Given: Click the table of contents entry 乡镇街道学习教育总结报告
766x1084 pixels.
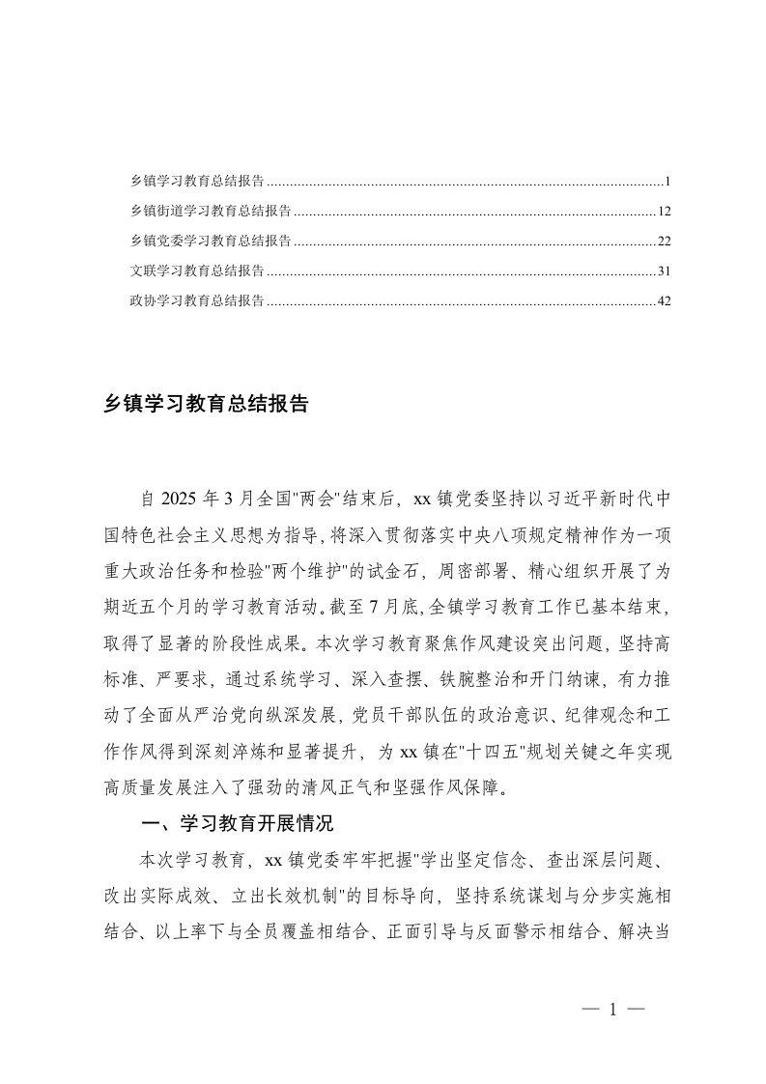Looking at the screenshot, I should pyautogui.click(x=212, y=211).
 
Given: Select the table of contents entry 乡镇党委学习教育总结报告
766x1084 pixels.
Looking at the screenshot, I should pyautogui.click(x=212, y=241).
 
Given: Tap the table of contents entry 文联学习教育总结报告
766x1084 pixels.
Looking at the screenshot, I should pyautogui.click(x=198, y=271).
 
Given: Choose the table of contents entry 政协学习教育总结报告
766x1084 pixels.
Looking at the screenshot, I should pyautogui.click(x=198, y=301).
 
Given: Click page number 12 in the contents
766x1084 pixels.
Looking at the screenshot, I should pyautogui.click(x=664, y=211).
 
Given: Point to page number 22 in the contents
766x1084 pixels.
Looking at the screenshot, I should pyautogui.click(x=664, y=241).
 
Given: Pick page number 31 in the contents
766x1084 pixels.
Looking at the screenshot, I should pyautogui.click(x=664, y=271).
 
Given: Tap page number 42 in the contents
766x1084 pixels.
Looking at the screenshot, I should pyautogui.click(x=664, y=301).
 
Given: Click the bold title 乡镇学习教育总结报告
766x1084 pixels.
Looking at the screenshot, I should pyautogui.click(x=206, y=404).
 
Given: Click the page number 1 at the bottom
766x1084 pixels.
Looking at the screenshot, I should pyautogui.click(x=612, y=1010).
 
